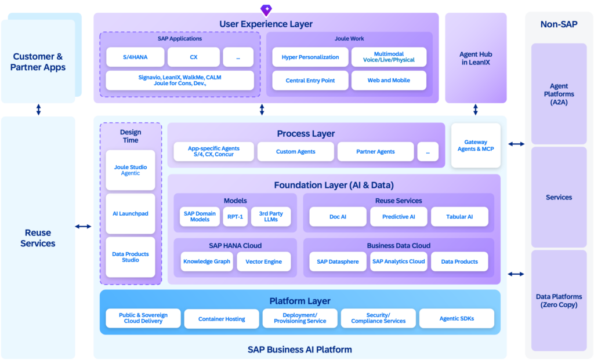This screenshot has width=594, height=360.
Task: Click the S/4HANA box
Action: pos(135,57)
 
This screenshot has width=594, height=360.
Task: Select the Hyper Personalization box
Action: pos(310,57)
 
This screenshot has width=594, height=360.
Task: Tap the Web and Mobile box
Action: pos(389,80)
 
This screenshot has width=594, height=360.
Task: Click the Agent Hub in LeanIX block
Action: pos(476,58)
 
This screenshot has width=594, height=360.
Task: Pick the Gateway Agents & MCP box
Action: pos(476,146)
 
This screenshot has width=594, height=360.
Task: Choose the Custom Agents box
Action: pos(295,151)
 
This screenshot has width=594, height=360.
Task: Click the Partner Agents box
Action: pos(375,151)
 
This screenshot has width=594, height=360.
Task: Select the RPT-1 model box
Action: pos(236,217)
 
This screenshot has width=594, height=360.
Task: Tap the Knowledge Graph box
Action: pos(207,261)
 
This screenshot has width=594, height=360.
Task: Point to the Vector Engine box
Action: pos(264,261)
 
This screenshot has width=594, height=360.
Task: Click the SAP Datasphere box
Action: pos(338,261)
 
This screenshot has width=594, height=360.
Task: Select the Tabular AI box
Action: pos(459,217)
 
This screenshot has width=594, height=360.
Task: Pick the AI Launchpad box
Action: pos(131,213)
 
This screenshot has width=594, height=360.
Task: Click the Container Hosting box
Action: pos(222,319)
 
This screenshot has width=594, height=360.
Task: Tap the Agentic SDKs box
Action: pos(457,318)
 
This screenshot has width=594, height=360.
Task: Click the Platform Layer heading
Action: pos(300,301)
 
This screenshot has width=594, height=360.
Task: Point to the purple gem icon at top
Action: pos(266,10)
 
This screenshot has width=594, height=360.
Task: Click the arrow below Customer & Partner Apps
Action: pos(38,110)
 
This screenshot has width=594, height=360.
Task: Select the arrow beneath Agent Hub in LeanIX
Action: pos(476,110)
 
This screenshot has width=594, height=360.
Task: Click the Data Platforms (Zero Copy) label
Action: pos(559,300)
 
